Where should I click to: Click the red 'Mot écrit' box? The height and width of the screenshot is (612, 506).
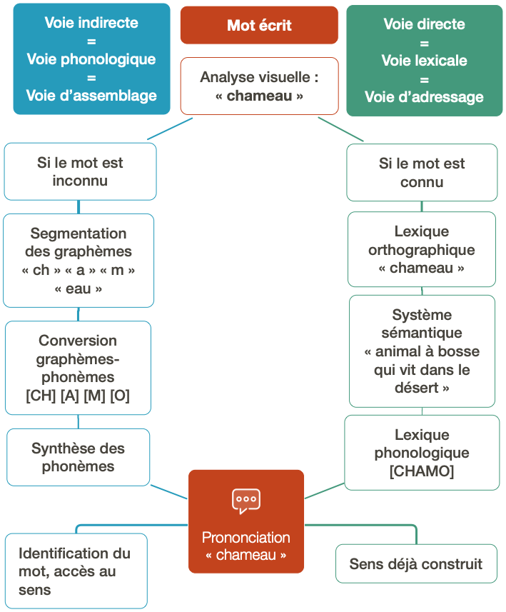click(x=259, y=26)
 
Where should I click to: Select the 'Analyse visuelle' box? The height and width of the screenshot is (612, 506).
click(x=259, y=86)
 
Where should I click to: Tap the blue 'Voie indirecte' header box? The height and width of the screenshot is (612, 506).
click(x=91, y=59)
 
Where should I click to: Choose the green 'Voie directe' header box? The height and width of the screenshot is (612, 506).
click(x=424, y=60)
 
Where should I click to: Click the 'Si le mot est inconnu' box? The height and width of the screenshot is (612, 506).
click(x=80, y=171)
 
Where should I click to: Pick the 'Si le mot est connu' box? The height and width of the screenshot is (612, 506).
click(x=422, y=172)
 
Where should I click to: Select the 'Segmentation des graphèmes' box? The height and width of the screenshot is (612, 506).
click(x=79, y=261)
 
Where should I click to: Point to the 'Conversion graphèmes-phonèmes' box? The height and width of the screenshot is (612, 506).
click(x=78, y=368)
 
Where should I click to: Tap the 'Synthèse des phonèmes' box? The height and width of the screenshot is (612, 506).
click(x=79, y=457)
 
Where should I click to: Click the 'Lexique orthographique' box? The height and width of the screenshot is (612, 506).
click(x=422, y=249)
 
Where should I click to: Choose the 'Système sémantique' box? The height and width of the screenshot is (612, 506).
click(x=422, y=351)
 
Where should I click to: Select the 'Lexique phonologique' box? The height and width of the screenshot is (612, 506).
click(x=422, y=453)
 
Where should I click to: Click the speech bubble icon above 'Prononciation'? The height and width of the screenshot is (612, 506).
click(x=246, y=501)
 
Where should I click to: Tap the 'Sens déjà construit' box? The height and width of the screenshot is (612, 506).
click(x=416, y=564)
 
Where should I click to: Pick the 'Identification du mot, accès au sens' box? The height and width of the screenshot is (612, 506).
click(x=75, y=571)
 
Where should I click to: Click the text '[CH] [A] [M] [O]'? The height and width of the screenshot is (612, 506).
click(x=78, y=396)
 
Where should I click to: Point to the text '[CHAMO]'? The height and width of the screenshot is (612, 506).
click(x=422, y=471)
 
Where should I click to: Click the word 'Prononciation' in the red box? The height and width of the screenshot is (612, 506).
click(x=246, y=537)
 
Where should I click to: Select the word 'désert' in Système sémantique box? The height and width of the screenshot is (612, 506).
click(x=418, y=388)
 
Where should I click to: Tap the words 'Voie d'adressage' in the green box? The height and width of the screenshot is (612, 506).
click(x=424, y=97)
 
